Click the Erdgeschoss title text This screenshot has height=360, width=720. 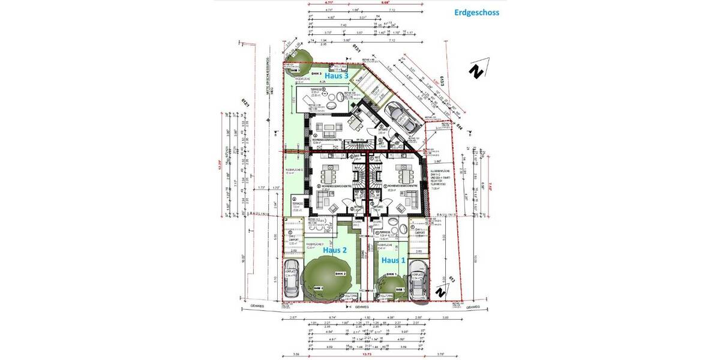[x=477, y=11]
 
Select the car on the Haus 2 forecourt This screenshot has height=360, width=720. [x=292, y=280]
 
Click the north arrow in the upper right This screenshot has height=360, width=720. [x=476, y=72]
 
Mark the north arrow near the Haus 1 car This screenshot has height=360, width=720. [x=440, y=292]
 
